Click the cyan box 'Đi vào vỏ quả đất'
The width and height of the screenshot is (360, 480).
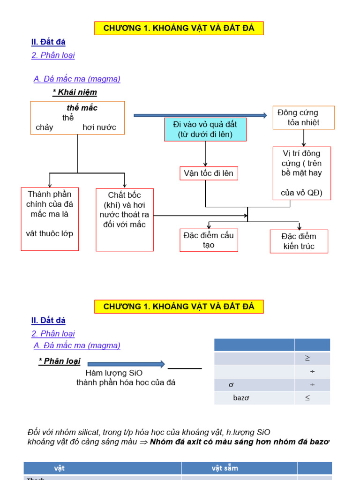coord(205,129)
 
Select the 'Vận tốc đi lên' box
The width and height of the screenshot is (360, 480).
coord(209,173)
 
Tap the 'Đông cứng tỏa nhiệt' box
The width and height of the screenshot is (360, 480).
coord(303,118)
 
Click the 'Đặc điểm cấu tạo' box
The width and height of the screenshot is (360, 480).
coord(209,240)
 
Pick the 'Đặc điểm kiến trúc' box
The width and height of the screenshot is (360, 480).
coord(299,241)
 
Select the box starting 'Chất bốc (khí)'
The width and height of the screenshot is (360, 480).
coord(124,219)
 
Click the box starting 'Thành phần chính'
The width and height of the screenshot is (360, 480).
coord(50,219)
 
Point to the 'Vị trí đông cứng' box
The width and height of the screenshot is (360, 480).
coord(301,173)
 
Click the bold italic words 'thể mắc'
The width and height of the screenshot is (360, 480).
coord(82,108)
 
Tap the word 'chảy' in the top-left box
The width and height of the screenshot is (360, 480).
coord(45,127)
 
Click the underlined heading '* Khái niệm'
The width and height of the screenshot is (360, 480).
coord(75,92)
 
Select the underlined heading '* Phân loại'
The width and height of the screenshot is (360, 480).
coord(60,361)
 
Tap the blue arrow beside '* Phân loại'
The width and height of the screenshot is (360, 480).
coord(126,364)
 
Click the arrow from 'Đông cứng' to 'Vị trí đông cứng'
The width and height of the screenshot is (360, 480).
coord(304,138)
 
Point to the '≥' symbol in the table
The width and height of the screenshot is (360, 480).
coord(307,358)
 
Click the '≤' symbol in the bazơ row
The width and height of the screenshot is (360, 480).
coord(307,398)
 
